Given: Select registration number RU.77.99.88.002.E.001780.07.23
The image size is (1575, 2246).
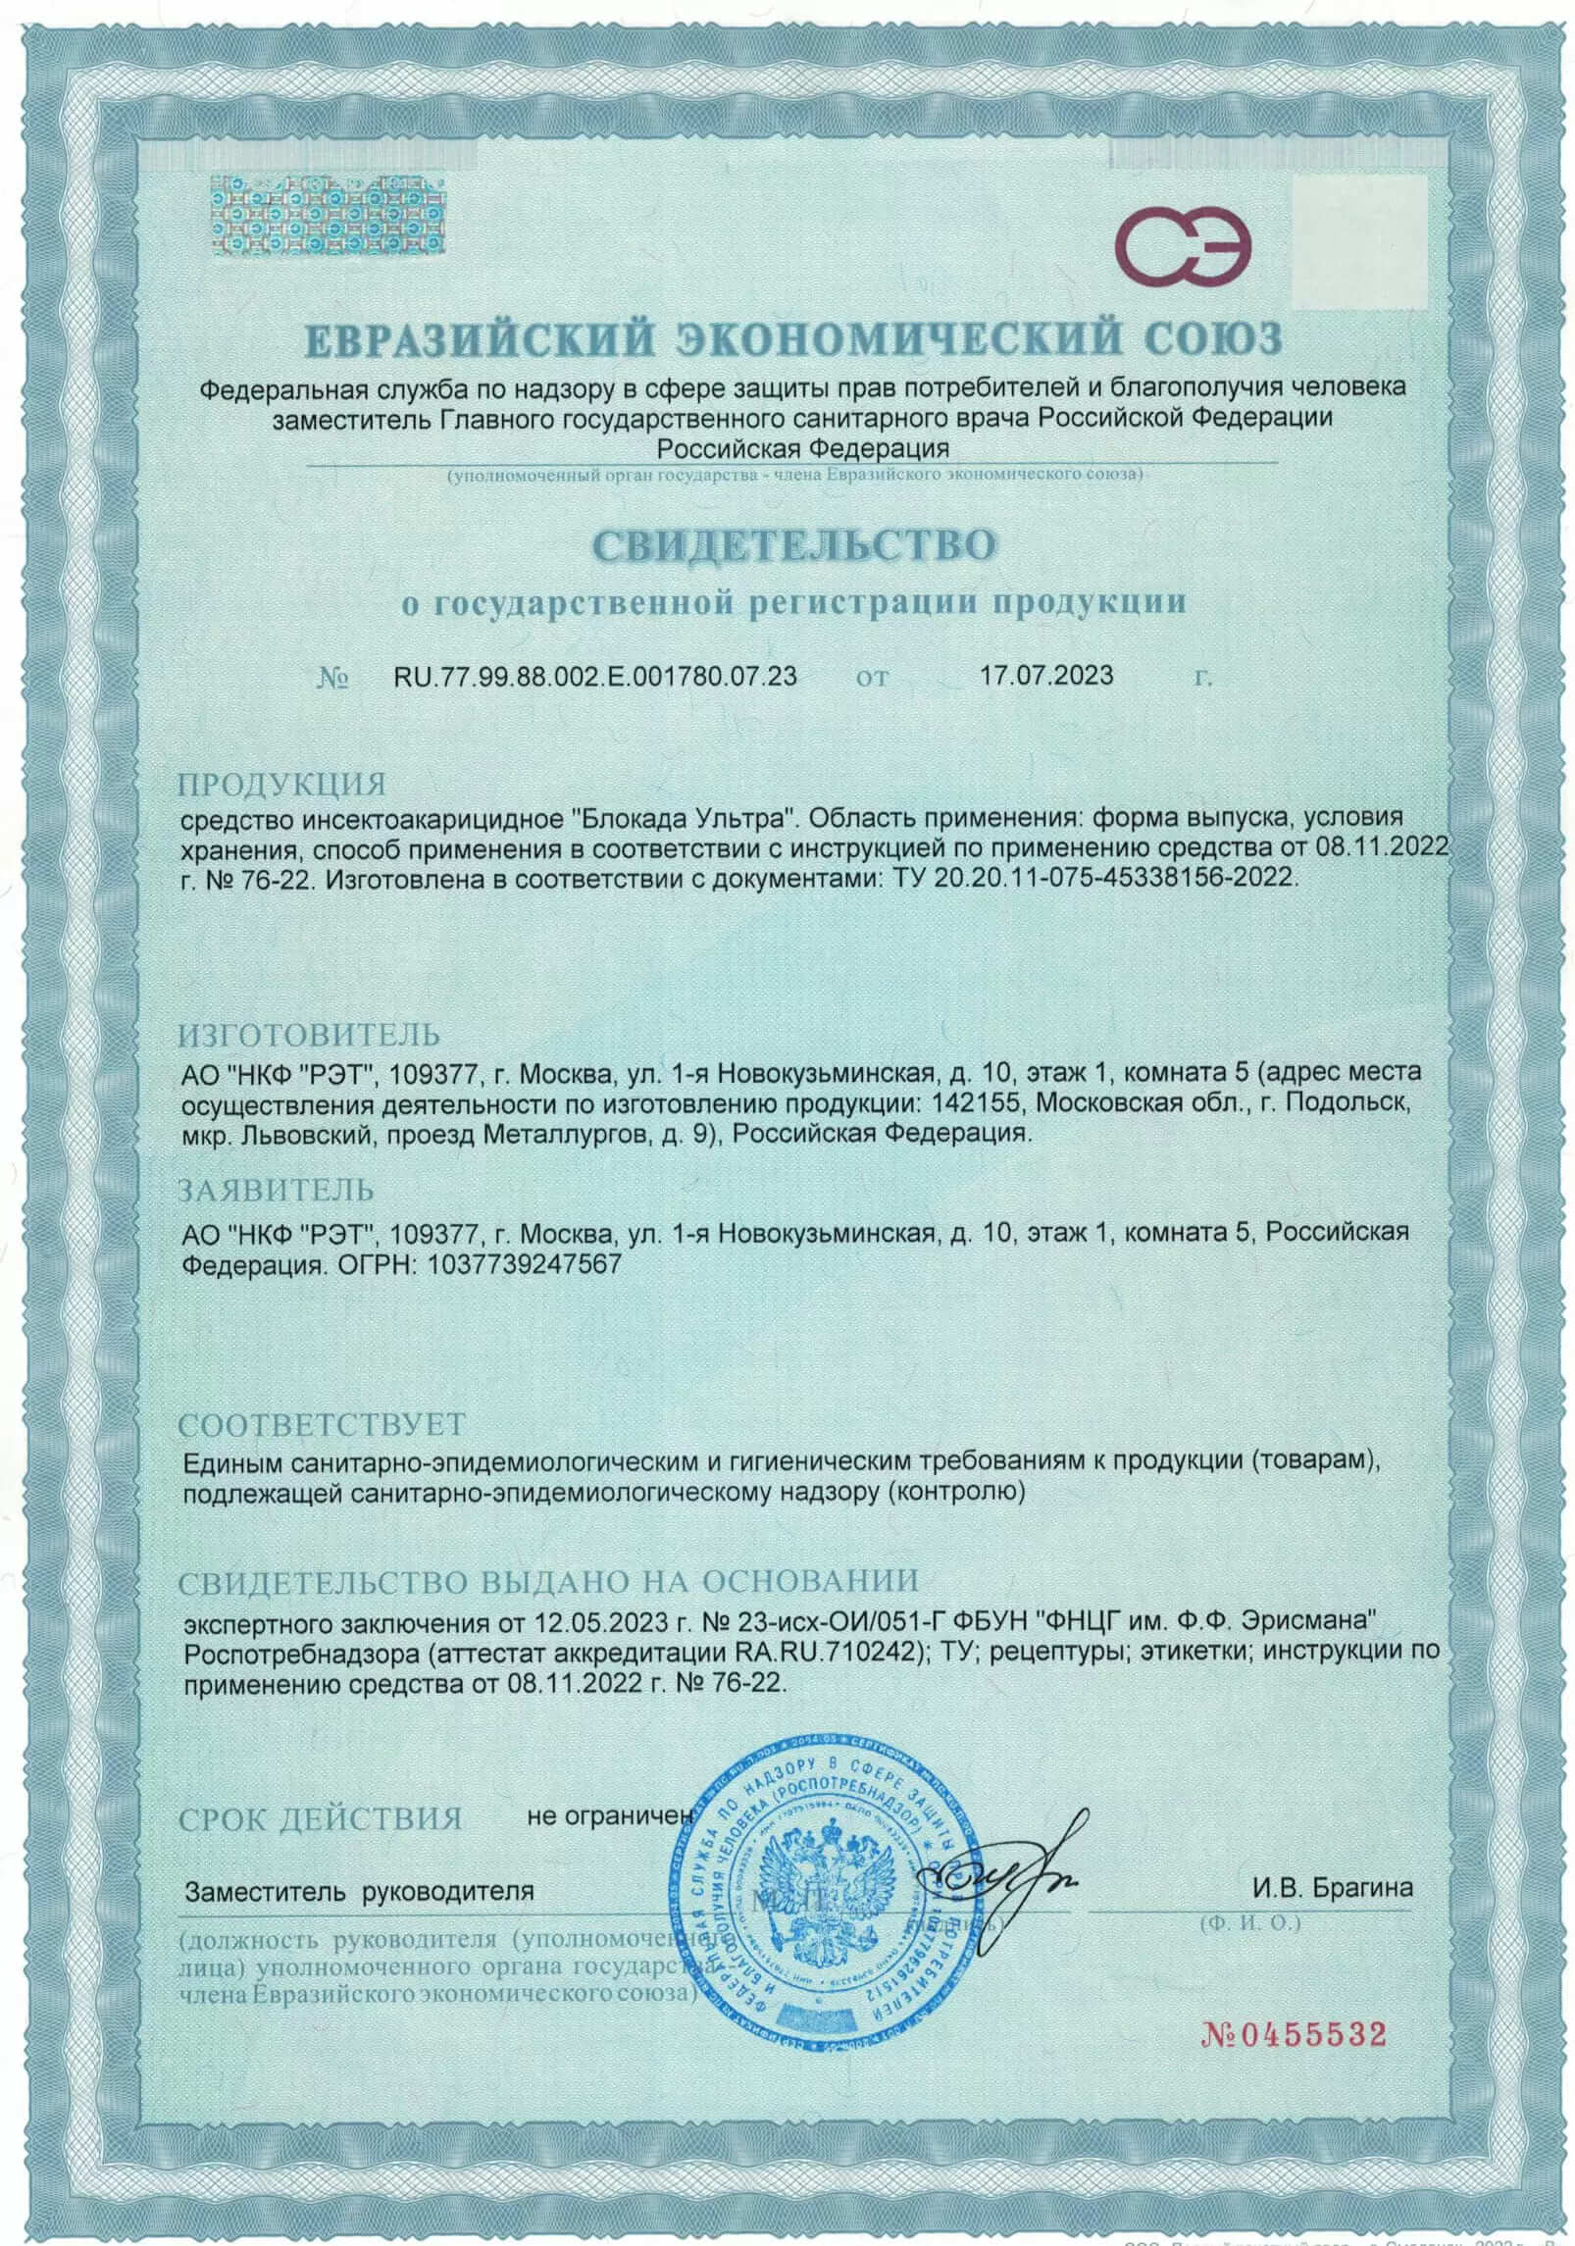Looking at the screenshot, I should pos(594,676).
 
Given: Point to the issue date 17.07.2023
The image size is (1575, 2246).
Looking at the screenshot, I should pos(1046,676).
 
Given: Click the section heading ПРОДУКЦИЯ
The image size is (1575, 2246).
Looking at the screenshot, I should pos(282,785).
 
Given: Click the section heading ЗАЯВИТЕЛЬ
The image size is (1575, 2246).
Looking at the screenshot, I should pos(277,1190).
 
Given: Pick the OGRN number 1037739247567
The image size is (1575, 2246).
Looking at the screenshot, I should pos(525,1264).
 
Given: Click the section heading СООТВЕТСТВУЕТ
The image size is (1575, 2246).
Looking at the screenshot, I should pos(322,1423).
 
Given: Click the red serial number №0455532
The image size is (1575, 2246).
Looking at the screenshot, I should pos(1294,2030).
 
